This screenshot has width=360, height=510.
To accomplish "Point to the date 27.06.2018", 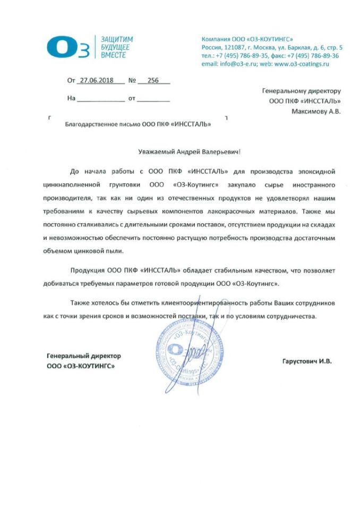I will pos(95,81).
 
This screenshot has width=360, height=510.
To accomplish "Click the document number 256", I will pos(153,81).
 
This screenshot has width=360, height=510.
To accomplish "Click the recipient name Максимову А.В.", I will pos(316,112).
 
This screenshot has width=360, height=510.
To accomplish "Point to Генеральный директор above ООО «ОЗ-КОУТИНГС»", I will pos(84,355).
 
